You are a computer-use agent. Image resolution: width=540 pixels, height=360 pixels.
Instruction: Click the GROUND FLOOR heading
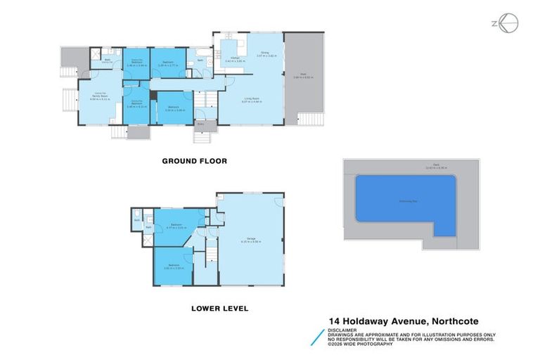(x=195, y=161)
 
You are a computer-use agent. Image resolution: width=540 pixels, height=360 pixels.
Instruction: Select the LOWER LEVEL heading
(x=220, y=308)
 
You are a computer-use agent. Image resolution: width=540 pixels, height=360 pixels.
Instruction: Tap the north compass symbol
(x=506, y=23)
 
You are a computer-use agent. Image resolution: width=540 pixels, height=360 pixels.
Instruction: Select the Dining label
(x=264, y=53)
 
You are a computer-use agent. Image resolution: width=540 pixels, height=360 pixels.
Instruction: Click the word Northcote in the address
(x=463, y=320)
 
